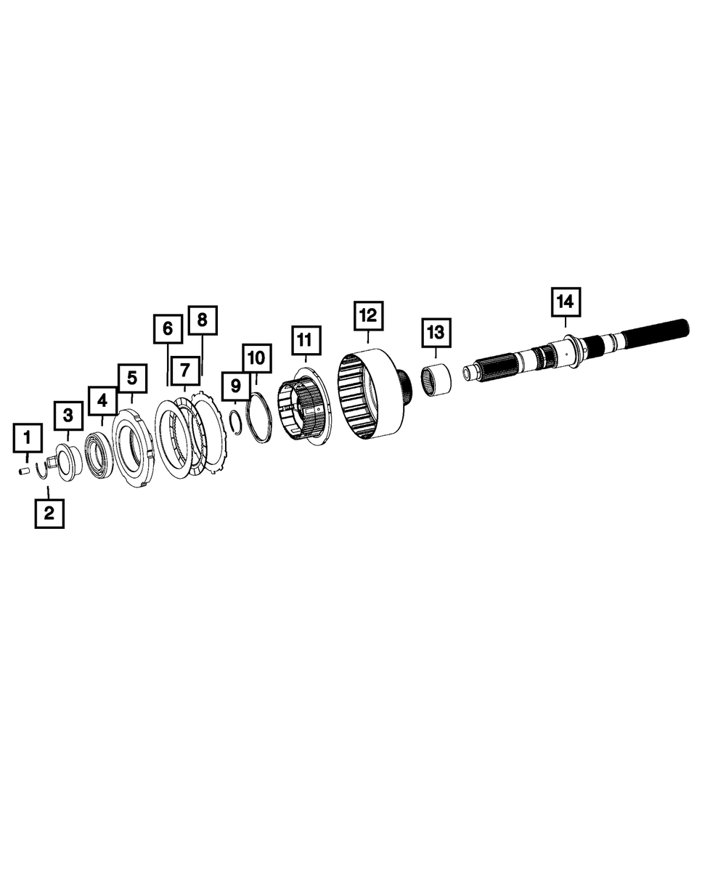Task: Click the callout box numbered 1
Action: tap(28, 437)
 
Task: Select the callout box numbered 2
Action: tap(49, 513)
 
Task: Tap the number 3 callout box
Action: tap(68, 416)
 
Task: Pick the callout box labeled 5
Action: tap(132, 378)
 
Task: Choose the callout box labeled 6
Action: tap(168, 328)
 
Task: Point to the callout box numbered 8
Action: tap(203, 320)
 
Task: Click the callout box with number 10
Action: tap(256, 358)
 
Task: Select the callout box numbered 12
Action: tap(369, 315)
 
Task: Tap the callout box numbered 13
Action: tap(436, 333)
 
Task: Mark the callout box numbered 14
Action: tap(566, 302)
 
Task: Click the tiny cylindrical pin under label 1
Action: tap(24, 470)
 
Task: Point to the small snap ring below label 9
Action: tap(238, 422)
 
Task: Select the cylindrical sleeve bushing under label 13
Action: tap(437, 380)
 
